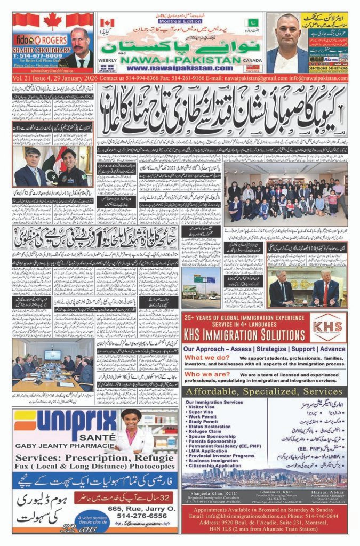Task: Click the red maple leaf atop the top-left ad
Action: pyautogui.click(x=52, y=21)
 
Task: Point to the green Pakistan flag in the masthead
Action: pyautogui.click(x=251, y=23)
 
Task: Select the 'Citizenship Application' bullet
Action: pyautogui.click(x=212, y=465)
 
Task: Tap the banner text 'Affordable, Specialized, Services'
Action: pyautogui.click(x=264, y=391)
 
